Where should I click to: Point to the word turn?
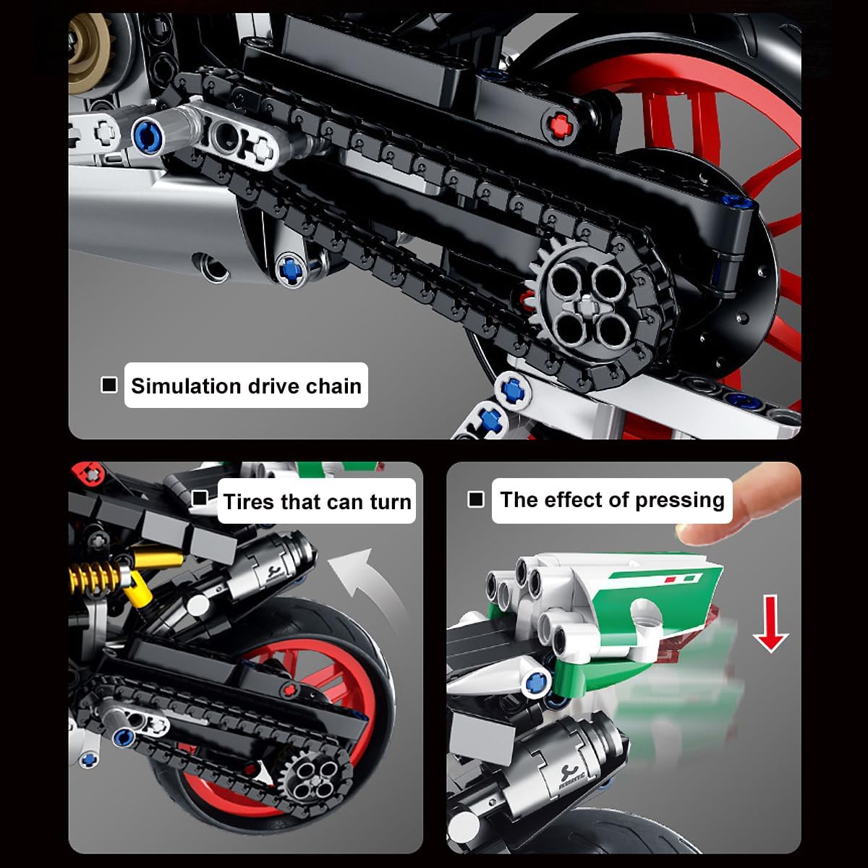[390, 501]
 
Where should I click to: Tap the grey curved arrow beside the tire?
[365, 579]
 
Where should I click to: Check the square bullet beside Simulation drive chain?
[109, 385]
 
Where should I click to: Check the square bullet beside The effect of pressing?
[476, 499]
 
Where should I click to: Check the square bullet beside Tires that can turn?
[200, 498]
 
